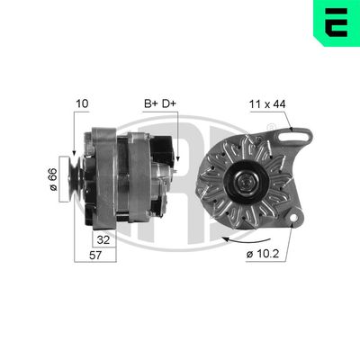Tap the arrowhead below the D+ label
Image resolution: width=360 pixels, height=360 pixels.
click(x=178, y=158)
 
